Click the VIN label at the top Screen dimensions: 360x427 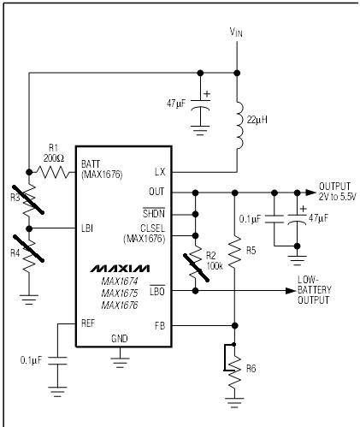236,32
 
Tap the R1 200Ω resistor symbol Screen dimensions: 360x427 53,172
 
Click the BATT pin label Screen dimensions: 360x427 91,164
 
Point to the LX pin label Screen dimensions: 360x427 160,172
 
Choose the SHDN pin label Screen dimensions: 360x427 154,213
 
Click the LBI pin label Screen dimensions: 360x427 87,228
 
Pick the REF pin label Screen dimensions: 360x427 88,323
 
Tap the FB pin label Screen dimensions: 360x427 160,325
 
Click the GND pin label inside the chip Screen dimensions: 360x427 120,339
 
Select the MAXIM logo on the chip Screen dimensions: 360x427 120,268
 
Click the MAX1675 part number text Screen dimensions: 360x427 120,294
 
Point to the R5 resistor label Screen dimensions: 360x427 251,251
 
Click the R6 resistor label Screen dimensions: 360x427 251,369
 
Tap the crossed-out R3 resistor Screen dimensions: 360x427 28,199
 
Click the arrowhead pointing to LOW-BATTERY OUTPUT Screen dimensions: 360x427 291,291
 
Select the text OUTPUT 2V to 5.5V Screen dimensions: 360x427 337,192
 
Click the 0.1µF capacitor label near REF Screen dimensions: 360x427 31,360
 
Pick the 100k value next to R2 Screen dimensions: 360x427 215,266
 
